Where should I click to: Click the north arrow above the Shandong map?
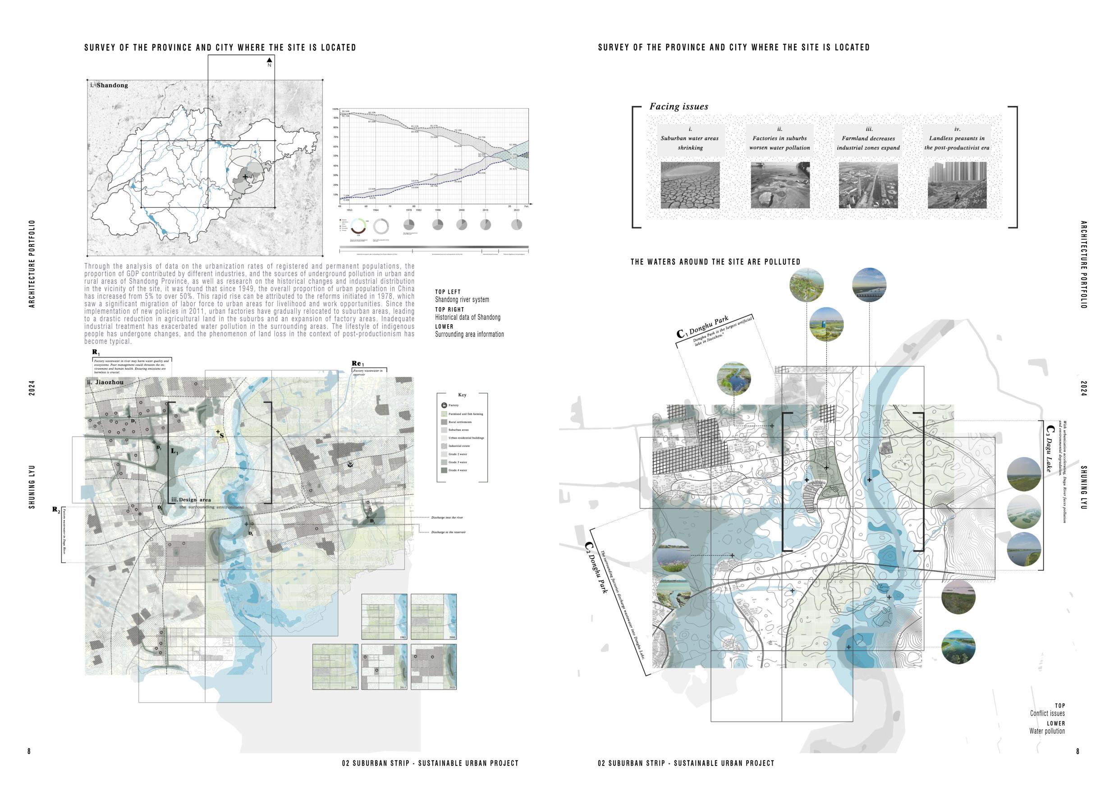tap(269, 60)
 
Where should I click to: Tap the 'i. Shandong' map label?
tap(109, 85)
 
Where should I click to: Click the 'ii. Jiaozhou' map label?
tap(105, 382)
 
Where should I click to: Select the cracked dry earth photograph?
tap(690, 185)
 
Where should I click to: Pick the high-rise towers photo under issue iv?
tap(957, 185)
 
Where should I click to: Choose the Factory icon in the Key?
tap(444, 405)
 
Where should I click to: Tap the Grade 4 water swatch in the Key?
tap(444, 470)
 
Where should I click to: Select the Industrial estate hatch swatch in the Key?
tap(444, 446)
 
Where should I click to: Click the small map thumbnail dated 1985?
tap(384, 616)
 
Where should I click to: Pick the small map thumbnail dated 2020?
tap(433, 667)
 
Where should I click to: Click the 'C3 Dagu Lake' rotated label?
tap(1050, 449)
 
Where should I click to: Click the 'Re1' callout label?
tap(358, 363)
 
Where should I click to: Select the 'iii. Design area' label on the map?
tap(191, 500)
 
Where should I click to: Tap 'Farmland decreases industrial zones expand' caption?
tap(868, 143)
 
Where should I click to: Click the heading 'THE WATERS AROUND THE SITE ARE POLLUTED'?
tap(715, 262)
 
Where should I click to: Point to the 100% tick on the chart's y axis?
tap(335, 109)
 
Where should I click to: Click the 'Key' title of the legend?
tap(462, 395)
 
